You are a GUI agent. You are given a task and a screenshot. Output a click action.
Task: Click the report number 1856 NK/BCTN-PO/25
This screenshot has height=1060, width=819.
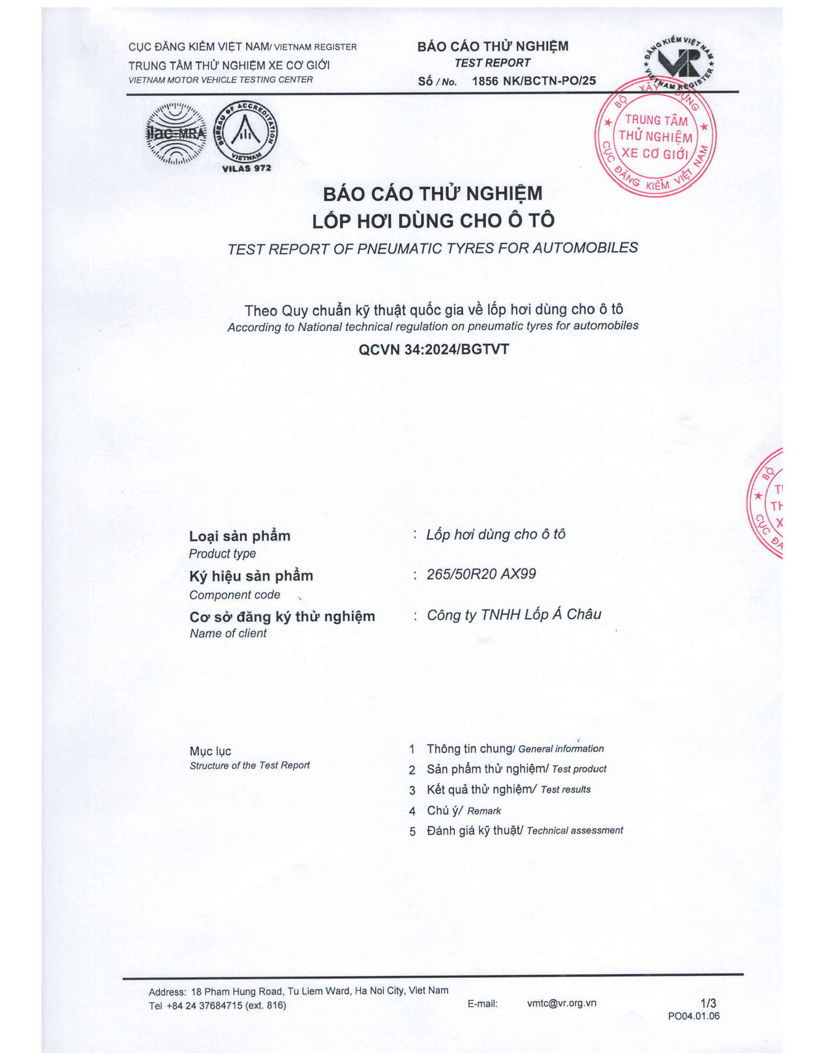tap(534, 81)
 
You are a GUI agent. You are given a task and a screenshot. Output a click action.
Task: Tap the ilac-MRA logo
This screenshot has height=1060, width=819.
tap(176, 133)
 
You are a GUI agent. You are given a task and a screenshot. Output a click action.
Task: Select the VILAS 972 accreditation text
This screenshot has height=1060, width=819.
tap(247, 169)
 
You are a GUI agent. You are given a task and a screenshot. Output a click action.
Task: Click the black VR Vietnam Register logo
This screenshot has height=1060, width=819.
tap(679, 63)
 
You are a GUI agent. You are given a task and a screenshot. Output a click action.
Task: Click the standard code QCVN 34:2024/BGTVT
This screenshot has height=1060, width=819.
tap(433, 349)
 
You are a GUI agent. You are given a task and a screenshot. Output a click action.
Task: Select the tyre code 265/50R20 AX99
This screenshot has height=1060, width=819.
tap(481, 574)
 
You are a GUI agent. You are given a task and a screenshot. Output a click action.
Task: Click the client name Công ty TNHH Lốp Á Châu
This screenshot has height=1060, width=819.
tap(514, 614)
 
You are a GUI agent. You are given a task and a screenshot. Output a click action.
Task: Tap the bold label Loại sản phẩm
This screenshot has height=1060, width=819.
tap(240, 536)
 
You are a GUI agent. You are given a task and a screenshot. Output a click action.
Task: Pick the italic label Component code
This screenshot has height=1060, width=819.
tap(235, 595)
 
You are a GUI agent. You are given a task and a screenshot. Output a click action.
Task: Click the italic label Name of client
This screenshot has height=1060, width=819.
tap(228, 634)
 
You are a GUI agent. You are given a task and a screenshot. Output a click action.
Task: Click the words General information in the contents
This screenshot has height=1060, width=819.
tap(561, 749)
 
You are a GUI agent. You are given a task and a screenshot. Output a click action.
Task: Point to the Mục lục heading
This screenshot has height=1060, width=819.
tap(210, 751)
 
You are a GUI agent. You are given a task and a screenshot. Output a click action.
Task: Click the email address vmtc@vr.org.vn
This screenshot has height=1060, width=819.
tap(561, 1003)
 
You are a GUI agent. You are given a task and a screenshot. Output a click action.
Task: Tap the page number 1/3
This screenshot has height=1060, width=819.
tap(708, 1003)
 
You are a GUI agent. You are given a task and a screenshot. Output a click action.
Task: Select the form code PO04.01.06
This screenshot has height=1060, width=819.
tap(693, 1016)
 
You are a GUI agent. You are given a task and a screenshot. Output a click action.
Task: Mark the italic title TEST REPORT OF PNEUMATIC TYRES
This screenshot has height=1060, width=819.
tap(432, 249)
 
